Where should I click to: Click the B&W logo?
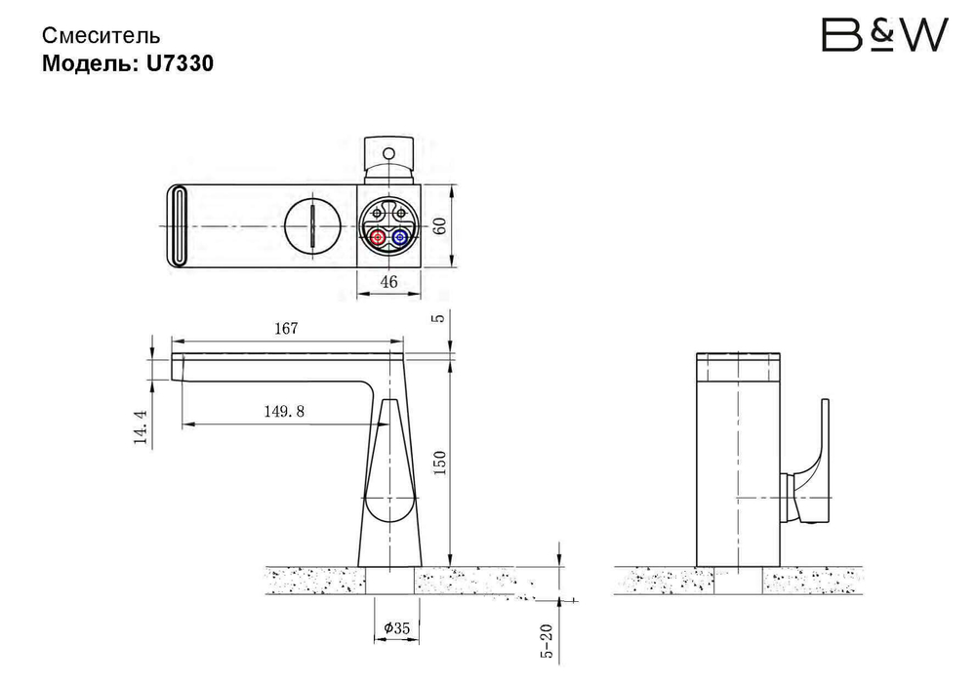884,35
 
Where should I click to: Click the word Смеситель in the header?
101,36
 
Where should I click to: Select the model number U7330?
180,62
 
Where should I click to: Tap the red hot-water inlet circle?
377,238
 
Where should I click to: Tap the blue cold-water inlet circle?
400,238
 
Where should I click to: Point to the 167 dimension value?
286,328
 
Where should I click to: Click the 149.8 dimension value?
284,411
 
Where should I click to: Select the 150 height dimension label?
439,463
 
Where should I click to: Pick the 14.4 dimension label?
142,426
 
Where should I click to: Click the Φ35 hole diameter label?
396,628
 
